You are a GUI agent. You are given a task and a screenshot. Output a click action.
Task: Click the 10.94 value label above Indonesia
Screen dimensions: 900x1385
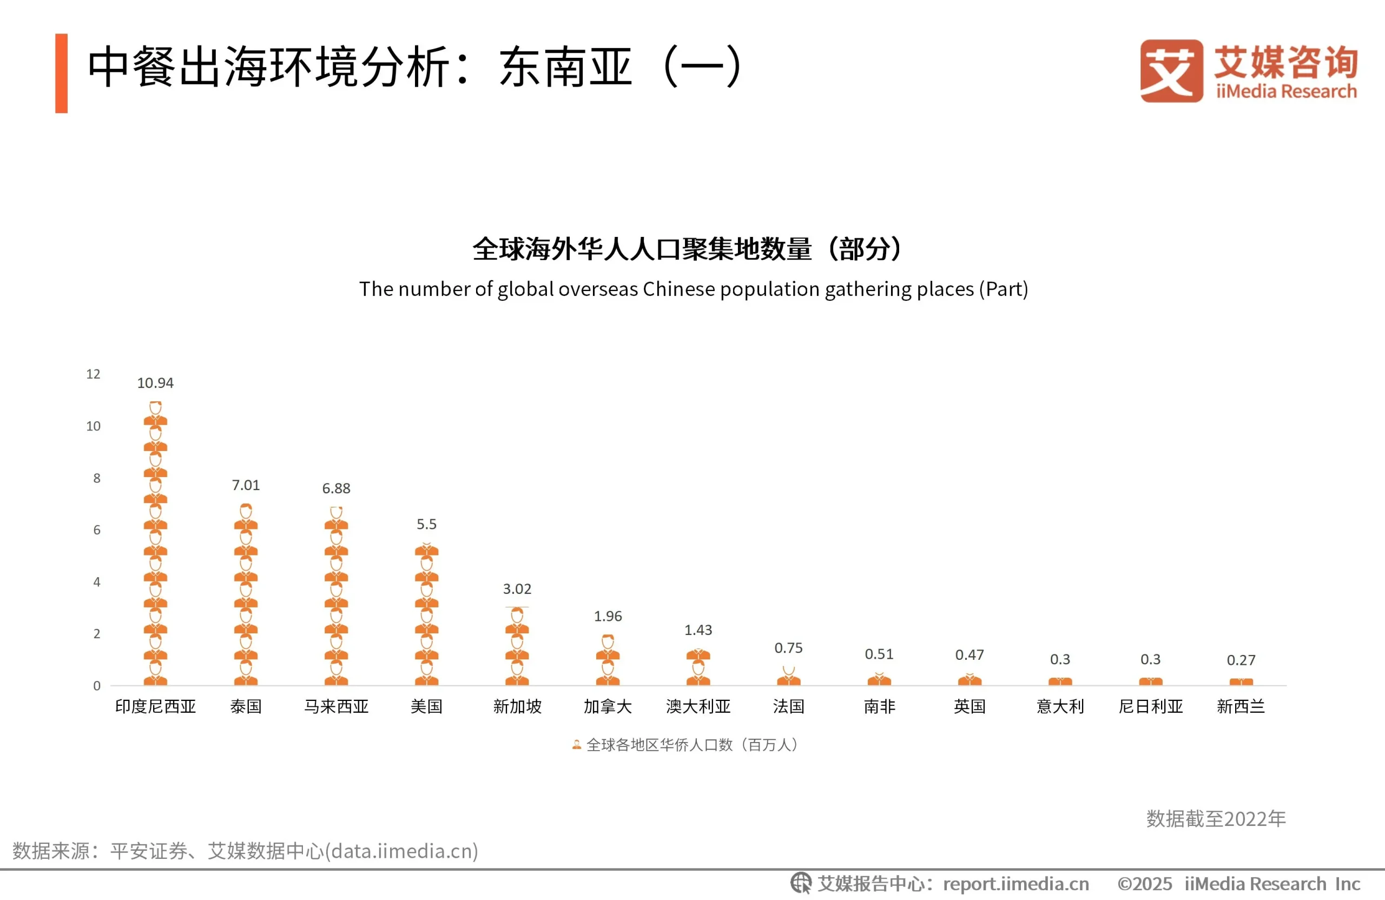point(155,383)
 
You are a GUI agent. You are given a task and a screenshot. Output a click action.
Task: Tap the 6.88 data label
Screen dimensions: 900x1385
point(336,488)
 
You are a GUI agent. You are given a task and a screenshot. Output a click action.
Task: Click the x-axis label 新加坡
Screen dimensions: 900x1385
point(517,706)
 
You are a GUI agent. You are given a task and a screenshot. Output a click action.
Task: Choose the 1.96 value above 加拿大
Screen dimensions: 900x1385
point(608,616)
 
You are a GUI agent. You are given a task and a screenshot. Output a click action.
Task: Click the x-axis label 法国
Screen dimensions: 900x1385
point(788,706)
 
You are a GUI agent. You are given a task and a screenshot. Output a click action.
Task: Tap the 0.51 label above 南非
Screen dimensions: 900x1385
point(879,654)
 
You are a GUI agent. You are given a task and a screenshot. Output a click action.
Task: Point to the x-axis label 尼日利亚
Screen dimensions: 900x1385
point(1151,706)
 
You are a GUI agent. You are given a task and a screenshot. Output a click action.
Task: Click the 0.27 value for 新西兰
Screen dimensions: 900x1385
point(1241,660)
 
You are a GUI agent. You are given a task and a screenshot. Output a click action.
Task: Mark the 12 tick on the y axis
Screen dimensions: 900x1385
point(93,374)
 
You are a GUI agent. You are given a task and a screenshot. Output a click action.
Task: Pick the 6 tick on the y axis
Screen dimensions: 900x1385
point(97,530)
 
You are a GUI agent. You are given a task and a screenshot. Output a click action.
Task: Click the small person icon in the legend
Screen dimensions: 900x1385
point(576,745)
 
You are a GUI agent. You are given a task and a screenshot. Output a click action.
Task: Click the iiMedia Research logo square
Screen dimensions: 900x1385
point(1171,71)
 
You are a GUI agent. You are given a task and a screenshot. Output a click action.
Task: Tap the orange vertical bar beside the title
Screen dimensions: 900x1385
point(61,74)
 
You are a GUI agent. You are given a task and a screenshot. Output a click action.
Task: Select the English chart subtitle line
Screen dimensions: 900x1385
point(693,289)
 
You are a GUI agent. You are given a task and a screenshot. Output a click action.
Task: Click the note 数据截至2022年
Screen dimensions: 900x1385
point(1216,818)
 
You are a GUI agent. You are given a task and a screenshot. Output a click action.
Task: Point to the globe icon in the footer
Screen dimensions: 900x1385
point(801,883)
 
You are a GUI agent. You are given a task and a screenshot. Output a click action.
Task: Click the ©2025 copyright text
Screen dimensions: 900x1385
point(1144,884)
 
